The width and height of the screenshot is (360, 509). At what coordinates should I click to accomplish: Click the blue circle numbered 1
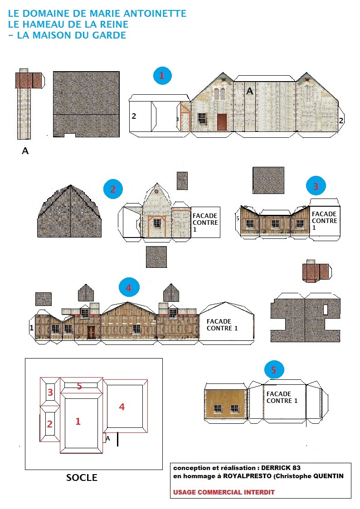coord(162,76)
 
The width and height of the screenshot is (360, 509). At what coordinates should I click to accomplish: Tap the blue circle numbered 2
coord(113,189)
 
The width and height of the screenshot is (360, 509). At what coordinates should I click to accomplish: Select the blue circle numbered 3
coord(316,186)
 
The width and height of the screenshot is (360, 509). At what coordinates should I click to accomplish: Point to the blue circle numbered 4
coord(129,288)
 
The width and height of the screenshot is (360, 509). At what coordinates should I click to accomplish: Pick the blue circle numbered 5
coord(274,370)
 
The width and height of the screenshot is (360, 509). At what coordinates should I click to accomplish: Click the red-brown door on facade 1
coord(222,122)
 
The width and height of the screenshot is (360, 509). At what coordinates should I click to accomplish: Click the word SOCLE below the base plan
coord(82,478)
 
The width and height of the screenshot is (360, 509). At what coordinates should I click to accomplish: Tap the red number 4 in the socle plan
coord(122,407)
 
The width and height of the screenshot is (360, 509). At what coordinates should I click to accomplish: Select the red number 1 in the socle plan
coord(78,422)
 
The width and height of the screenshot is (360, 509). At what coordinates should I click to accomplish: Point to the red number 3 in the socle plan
coord(50,392)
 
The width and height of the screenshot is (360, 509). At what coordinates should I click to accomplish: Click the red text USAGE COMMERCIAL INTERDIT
coord(224,492)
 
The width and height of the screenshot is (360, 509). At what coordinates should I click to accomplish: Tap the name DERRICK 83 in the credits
coord(281,468)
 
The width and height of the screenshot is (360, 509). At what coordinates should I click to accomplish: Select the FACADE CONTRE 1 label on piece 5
coord(282,398)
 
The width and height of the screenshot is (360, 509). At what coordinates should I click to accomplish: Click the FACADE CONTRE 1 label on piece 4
coord(222,325)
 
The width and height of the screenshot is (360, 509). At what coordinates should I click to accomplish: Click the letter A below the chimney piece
coord(25,151)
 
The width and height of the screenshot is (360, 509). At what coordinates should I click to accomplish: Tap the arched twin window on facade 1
coord(219,93)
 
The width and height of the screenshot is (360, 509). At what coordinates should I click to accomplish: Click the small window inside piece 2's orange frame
coord(157,223)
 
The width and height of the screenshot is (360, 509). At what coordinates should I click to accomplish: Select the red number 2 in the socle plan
coord(50,424)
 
